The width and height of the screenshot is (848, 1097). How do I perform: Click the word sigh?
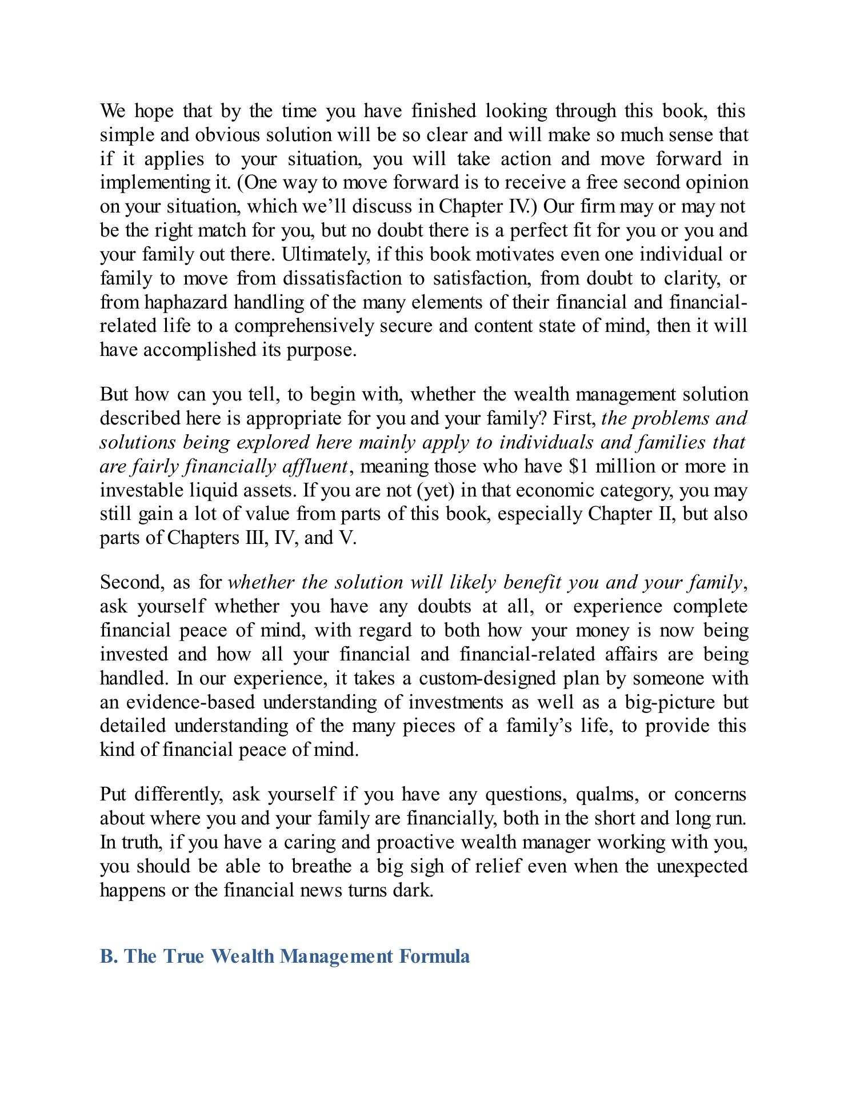tap(426, 867)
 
